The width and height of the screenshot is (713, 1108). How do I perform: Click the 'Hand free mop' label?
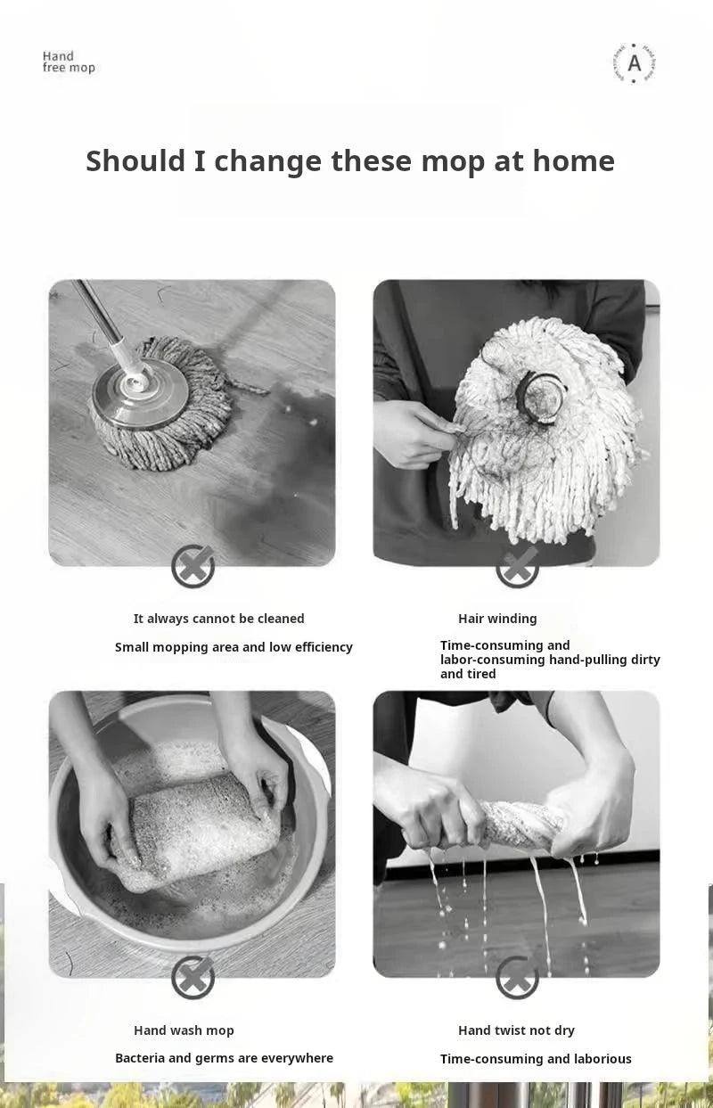click(x=68, y=62)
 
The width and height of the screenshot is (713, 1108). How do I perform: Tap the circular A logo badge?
click(x=634, y=63)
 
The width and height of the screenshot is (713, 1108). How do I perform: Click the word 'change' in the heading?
click(x=267, y=161)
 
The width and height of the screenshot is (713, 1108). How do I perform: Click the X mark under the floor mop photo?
click(x=193, y=566)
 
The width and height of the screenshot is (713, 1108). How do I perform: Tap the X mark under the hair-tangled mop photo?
click(x=517, y=566)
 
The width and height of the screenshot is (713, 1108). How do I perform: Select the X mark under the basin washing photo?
click(x=193, y=977)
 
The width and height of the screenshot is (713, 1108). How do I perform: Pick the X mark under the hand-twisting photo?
click(x=517, y=977)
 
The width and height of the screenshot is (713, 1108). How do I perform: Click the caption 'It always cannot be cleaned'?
click(x=218, y=619)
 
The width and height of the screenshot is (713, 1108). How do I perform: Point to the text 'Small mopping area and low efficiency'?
click(x=234, y=647)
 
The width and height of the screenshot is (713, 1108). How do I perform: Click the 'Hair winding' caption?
click(x=497, y=619)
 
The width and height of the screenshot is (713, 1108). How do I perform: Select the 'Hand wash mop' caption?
click(x=184, y=1030)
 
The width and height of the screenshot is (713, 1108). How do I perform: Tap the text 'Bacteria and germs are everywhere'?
click(x=224, y=1058)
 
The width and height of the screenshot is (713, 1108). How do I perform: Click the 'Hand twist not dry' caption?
click(x=516, y=1030)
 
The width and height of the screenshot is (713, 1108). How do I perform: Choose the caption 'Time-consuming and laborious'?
click(x=536, y=1059)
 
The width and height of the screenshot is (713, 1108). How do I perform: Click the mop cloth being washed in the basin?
click(x=201, y=825)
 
